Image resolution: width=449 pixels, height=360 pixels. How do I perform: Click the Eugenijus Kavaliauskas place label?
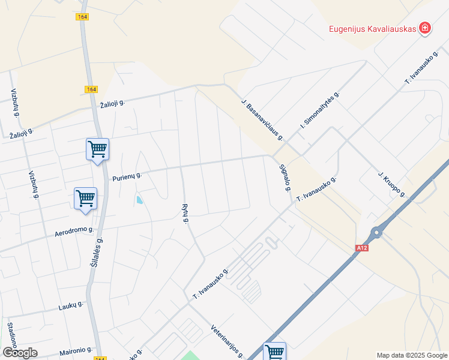pyautogui.click(x=372, y=29)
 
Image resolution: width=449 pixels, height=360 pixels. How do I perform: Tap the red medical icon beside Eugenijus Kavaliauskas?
pyautogui.click(x=425, y=28)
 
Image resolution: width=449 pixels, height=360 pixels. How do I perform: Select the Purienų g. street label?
pyautogui.click(x=127, y=176)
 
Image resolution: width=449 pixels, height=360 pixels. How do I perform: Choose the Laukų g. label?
pyautogui.click(x=71, y=306)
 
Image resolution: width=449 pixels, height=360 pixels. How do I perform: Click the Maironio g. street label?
pyautogui.click(x=76, y=349)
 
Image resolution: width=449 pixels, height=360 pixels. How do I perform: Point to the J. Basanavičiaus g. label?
pyautogui.click(x=262, y=119)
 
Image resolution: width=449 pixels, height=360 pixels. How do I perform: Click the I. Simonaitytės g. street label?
pyautogui.click(x=320, y=111)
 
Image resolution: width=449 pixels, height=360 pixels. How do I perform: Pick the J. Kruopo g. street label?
pyautogui.click(x=392, y=184)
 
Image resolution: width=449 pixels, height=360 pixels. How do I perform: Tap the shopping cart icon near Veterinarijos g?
pyautogui.click(x=274, y=351)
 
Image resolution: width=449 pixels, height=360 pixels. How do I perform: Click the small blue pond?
pyautogui.click(x=139, y=200)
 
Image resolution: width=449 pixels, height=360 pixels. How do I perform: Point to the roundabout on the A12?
pyautogui.click(x=376, y=233)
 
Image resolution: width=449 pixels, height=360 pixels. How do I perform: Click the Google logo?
pyautogui.click(x=20, y=352)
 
